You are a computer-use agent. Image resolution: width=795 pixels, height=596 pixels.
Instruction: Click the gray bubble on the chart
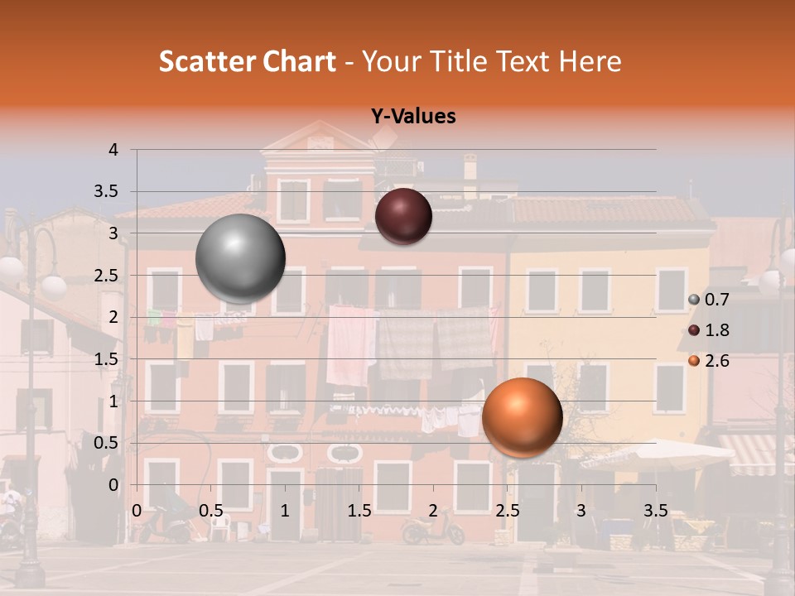pos(240,258)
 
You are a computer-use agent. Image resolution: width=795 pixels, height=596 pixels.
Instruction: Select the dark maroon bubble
pos(403,216)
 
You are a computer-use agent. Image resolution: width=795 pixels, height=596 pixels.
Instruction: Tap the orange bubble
pos(522,417)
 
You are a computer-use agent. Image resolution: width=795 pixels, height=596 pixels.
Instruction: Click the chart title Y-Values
pos(412,117)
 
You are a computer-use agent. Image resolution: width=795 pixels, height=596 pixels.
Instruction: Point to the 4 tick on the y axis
pos(113,150)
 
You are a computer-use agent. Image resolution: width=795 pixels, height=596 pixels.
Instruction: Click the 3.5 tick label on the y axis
pos(107,191)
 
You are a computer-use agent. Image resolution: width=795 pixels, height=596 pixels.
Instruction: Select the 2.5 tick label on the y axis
pos(107,275)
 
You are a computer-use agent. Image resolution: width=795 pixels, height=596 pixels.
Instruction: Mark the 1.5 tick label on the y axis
pos(107,358)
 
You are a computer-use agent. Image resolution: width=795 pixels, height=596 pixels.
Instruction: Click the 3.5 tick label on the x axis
pos(655,511)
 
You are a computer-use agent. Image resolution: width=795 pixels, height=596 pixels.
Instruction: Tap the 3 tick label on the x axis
pos(581,511)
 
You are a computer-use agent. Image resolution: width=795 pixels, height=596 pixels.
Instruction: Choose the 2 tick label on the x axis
pos(433,511)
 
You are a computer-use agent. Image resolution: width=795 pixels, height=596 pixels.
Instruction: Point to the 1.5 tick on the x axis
pos(359,511)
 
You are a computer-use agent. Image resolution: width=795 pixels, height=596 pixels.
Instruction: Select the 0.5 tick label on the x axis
pos(210,511)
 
